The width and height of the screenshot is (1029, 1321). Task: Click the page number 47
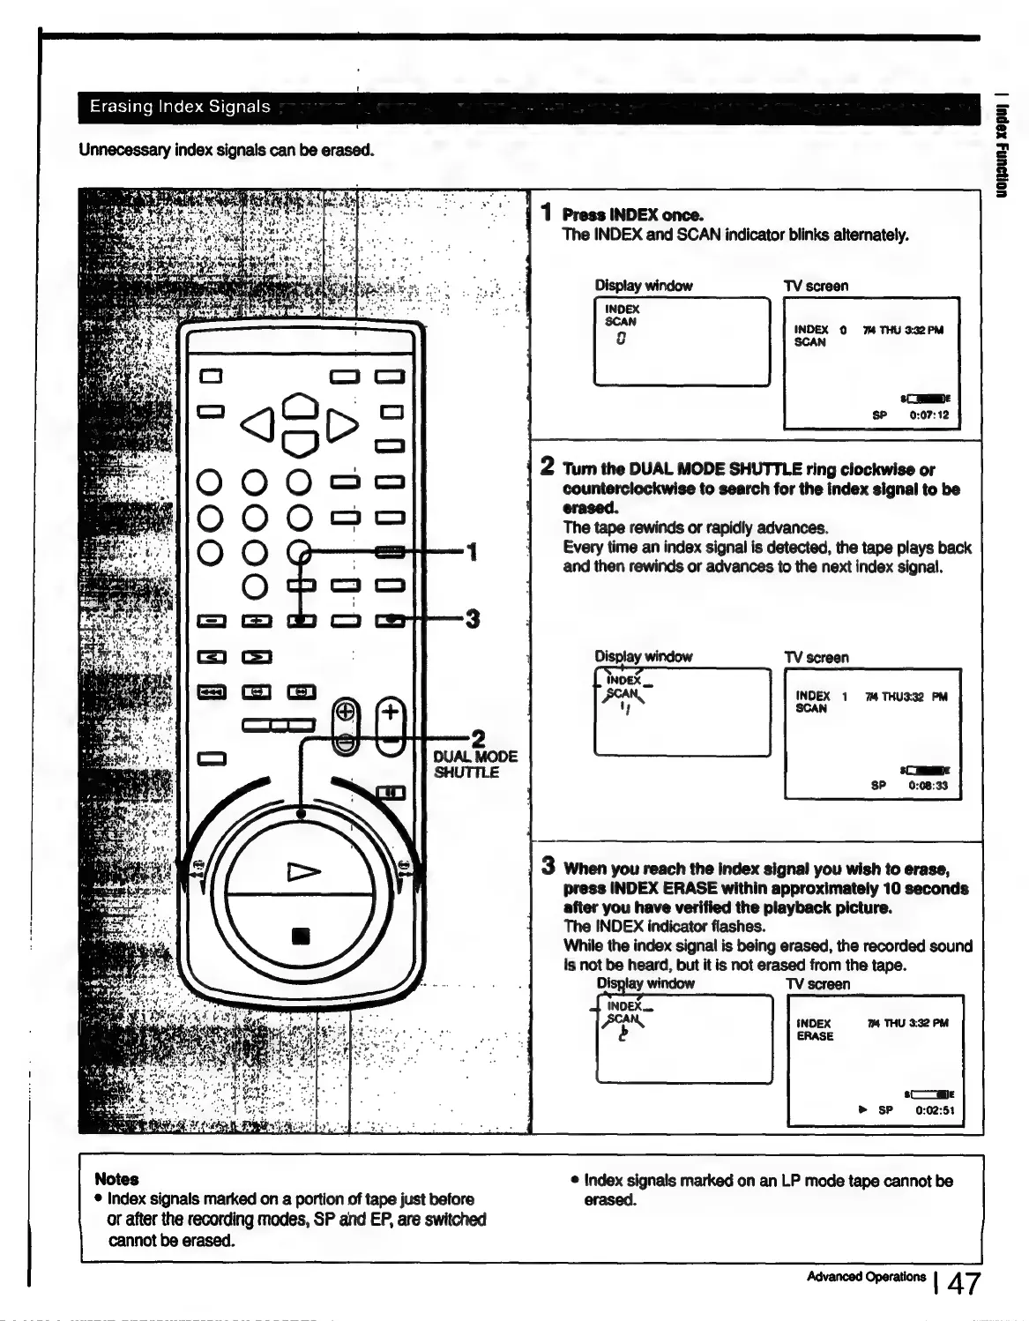(962, 1283)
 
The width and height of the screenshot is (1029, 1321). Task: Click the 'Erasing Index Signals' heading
(180, 107)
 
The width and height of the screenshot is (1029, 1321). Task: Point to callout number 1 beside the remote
(473, 553)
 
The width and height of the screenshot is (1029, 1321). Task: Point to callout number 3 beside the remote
(473, 619)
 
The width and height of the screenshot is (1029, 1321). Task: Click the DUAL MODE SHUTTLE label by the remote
(475, 765)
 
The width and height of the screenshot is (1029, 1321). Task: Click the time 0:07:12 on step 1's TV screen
(928, 414)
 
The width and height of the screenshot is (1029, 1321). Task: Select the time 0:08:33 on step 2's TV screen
(928, 785)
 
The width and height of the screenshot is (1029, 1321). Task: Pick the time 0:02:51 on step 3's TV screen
(935, 1110)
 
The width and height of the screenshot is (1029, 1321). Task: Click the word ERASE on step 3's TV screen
(815, 1036)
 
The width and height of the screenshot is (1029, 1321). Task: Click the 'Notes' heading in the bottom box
(116, 1179)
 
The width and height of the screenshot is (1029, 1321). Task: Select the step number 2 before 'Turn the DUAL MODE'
(548, 466)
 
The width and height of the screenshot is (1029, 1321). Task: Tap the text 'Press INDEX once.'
(632, 215)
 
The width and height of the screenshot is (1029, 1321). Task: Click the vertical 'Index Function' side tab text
(1002, 150)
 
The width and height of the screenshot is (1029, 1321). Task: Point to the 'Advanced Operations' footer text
(866, 1277)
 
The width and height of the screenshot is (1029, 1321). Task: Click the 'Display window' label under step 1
(644, 286)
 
